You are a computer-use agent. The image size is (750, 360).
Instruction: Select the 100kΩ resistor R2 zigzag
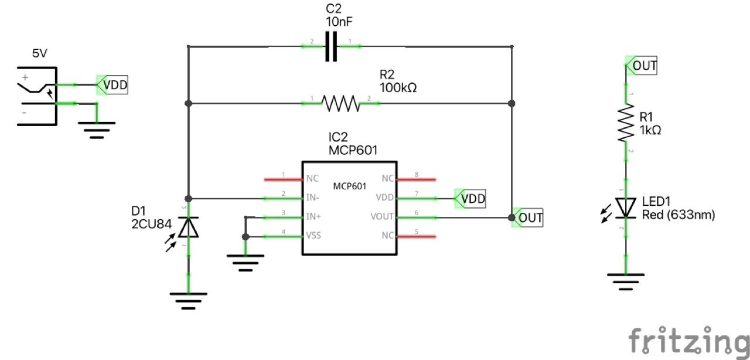(340, 104)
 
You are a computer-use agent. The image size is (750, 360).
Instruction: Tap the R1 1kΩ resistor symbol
(626, 123)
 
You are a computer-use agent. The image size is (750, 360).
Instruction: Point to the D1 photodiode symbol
(188, 227)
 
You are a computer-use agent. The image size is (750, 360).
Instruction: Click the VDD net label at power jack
(114, 86)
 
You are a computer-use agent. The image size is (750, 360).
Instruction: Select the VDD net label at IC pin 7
(472, 199)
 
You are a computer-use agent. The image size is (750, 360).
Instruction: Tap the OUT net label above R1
(643, 66)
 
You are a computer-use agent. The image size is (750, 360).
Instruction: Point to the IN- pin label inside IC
(313, 198)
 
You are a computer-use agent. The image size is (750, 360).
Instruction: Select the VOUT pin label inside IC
(382, 217)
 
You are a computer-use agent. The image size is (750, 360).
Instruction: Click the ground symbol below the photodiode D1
(188, 300)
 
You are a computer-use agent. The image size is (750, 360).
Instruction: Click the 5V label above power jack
(39, 54)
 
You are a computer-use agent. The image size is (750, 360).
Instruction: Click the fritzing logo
(688, 340)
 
